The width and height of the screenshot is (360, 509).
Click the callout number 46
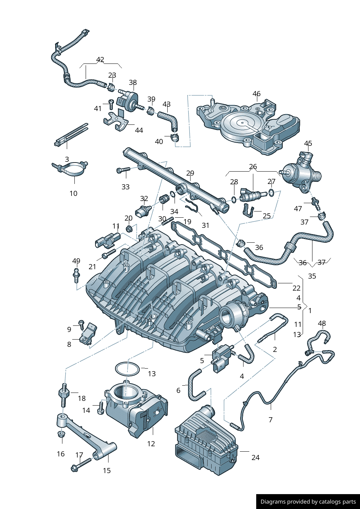pos(257,94)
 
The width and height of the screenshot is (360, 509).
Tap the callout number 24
pos(255,457)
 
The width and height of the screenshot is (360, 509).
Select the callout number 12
pos(151,444)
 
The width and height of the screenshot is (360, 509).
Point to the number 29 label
pos(190,173)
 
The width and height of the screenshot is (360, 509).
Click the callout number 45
pos(308,143)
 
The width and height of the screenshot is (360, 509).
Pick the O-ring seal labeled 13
pos(127,369)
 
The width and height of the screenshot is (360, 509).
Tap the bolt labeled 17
pos(82,465)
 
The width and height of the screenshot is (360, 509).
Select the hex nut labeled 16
pos(62,434)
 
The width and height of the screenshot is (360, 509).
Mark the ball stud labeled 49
pos(76,275)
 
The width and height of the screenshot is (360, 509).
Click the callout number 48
pos(322,323)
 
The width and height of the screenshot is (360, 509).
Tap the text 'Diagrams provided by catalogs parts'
pos(308,502)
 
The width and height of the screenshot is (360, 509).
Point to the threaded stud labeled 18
pos(64,395)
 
